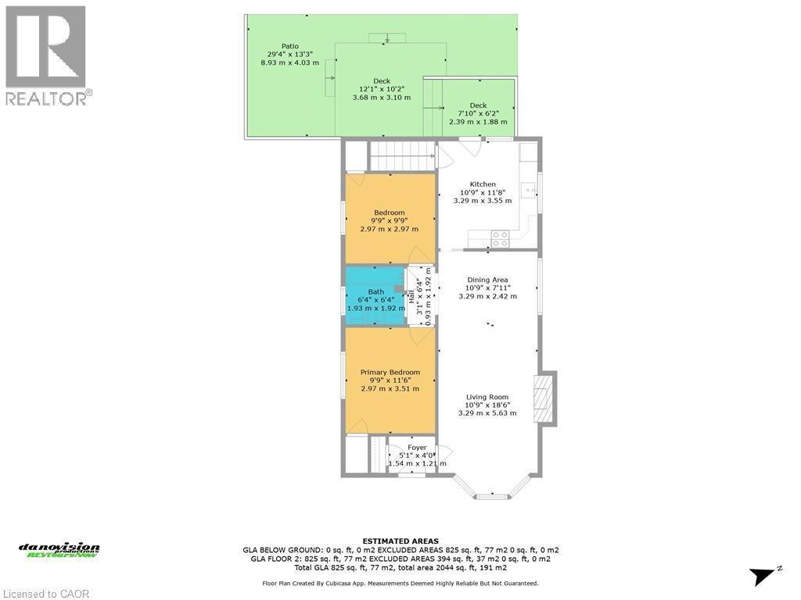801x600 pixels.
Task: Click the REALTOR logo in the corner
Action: coord(47,55)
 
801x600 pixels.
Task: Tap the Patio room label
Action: coord(289,54)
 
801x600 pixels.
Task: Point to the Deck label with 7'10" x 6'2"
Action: coord(478,113)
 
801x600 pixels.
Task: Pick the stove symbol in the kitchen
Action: coord(500,239)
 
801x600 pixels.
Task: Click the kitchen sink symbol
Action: coord(530,189)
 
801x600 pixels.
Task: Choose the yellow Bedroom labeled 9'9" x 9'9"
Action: coord(390,220)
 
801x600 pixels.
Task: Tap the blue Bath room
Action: coord(376,300)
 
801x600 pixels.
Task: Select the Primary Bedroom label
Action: coord(390,380)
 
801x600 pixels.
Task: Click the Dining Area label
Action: coord(487,287)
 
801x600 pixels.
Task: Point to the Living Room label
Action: coord(487,405)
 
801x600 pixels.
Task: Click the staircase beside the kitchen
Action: coord(401,156)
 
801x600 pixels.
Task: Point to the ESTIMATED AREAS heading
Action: coord(400,541)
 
